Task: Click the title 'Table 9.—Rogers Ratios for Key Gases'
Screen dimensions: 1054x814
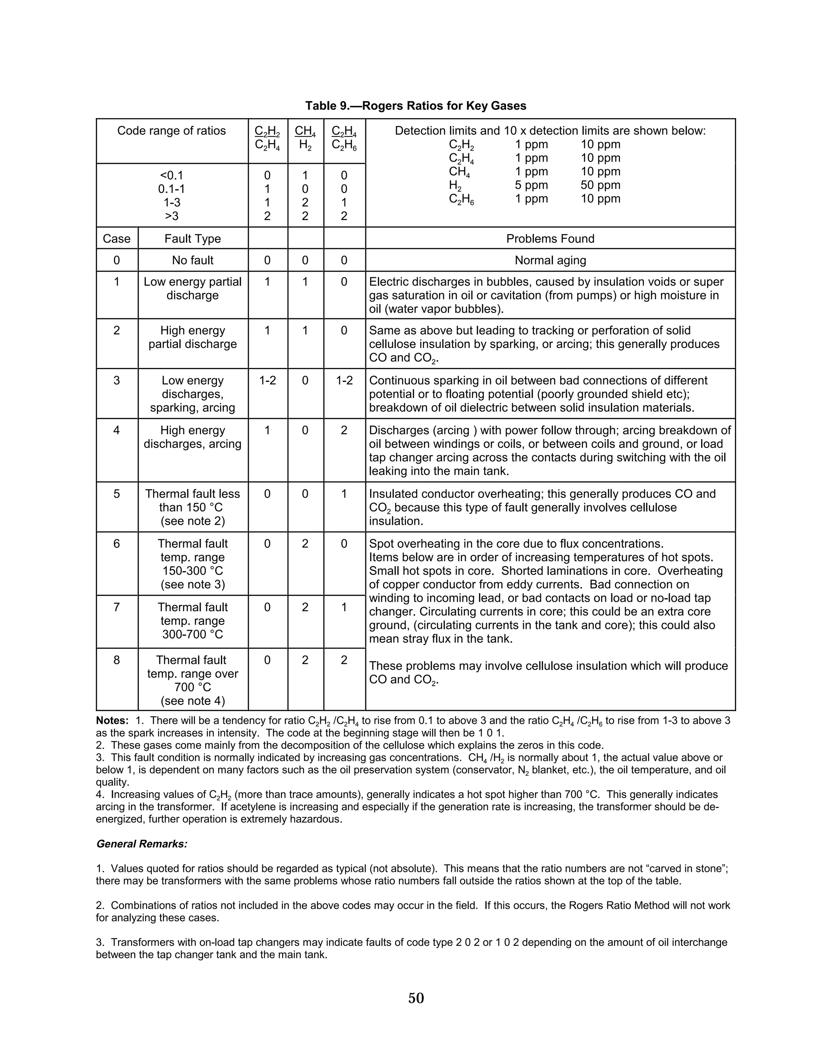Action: [x=416, y=106]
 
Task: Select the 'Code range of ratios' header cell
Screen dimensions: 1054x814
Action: [x=171, y=131]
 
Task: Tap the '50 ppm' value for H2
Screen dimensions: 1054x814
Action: [x=601, y=185]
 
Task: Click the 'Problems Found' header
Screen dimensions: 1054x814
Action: [x=550, y=238]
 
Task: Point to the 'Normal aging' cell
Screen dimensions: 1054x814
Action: [x=550, y=261]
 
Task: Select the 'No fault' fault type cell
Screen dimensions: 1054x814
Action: [x=192, y=261]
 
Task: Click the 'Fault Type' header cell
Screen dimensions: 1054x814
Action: [x=192, y=238]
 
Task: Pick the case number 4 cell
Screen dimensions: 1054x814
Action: [x=117, y=430]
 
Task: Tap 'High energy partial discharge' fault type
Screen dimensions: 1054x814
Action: [x=192, y=337]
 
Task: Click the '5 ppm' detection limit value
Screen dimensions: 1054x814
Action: [x=531, y=185]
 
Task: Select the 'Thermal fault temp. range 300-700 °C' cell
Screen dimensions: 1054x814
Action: [x=192, y=620]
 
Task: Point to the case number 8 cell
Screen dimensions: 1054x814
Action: [x=117, y=660]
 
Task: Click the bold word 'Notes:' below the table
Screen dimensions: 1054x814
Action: [x=112, y=721]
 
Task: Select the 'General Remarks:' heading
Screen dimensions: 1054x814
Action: [x=142, y=844]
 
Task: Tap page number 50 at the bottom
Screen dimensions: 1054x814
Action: [x=416, y=998]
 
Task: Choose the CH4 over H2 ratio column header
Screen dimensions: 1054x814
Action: [x=305, y=138]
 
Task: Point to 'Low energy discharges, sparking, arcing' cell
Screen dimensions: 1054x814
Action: [x=192, y=394]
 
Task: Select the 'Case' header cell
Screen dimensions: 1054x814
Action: [x=117, y=238]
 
